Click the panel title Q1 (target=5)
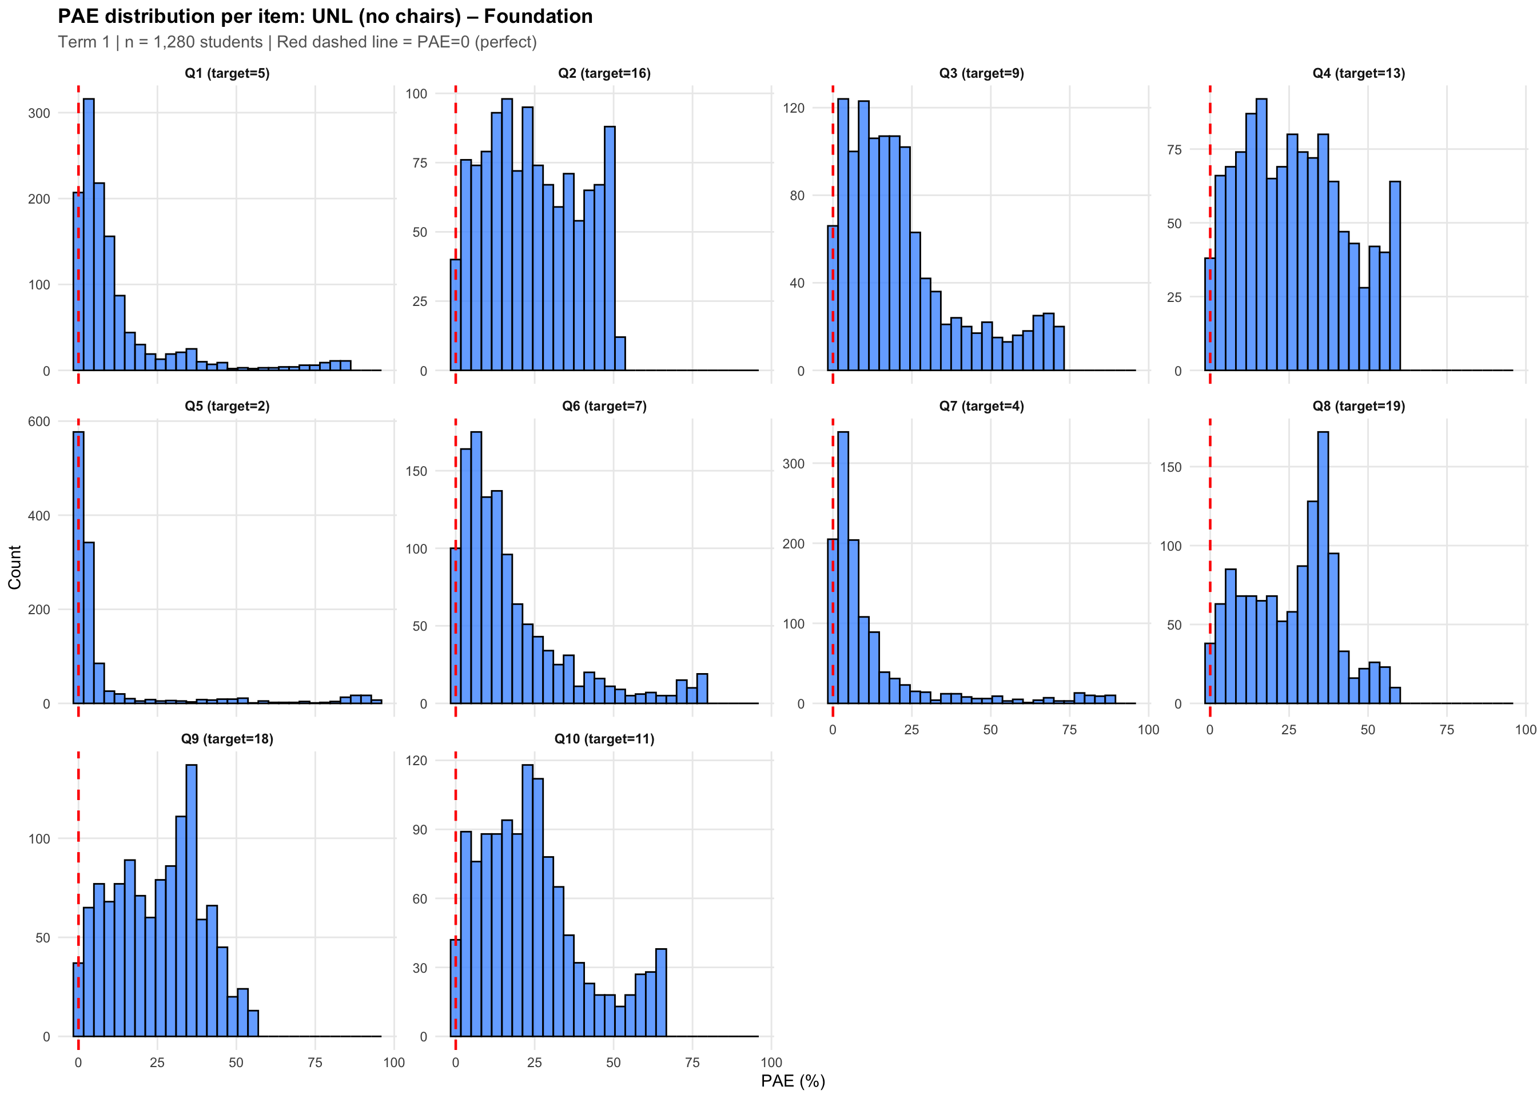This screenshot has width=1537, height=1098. click(x=227, y=74)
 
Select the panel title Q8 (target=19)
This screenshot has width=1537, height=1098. click(x=1359, y=407)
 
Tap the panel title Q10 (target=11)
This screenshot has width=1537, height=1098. click(x=604, y=739)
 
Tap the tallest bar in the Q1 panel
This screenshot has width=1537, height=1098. click(x=89, y=234)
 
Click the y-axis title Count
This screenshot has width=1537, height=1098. click(x=15, y=567)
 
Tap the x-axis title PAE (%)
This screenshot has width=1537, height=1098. click(x=793, y=1081)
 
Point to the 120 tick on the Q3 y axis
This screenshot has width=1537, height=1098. click(x=797, y=108)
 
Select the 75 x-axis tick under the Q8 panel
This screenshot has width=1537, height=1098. click(x=1447, y=730)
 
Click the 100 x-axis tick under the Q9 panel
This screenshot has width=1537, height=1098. click(x=394, y=1062)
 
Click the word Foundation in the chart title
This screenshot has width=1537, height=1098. click(x=538, y=16)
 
